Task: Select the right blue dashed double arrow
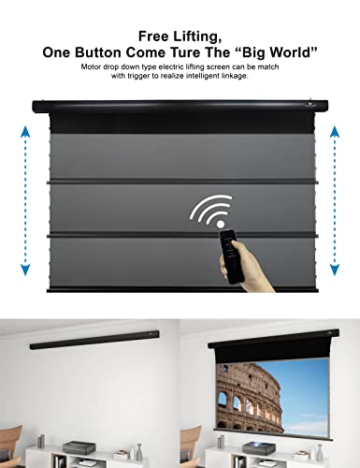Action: click(338, 201)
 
